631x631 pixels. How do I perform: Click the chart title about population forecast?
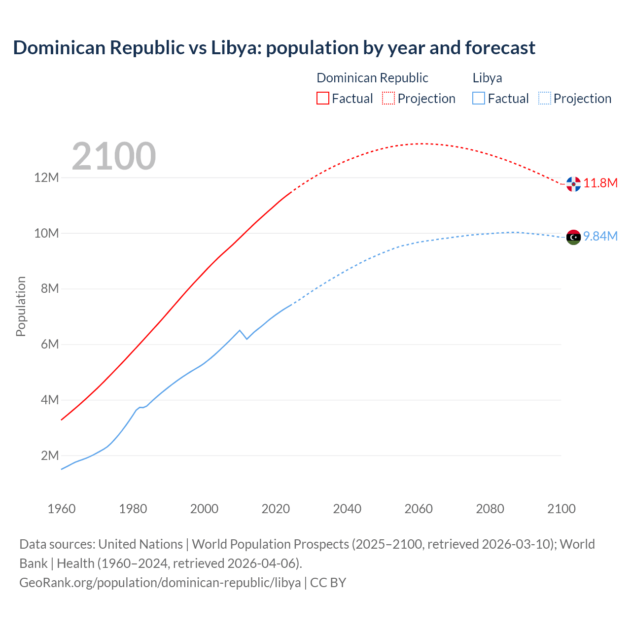(274, 48)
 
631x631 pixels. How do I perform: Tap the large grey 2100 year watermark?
(114, 156)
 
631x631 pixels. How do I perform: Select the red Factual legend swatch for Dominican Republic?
(322, 98)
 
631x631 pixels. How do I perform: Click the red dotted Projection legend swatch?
(388, 98)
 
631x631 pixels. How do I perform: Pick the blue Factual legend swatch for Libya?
(479, 98)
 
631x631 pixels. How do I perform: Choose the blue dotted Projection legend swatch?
(544, 98)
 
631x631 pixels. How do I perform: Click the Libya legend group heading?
(487, 78)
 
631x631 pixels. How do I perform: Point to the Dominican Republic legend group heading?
(372, 78)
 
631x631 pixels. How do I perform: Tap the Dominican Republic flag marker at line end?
(573, 184)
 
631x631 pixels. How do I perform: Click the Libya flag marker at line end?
(573, 237)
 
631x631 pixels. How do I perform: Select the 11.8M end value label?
(600, 183)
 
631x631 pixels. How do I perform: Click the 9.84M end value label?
(600, 237)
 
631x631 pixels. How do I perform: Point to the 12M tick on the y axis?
(46, 177)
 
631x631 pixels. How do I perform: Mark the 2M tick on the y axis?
(49, 456)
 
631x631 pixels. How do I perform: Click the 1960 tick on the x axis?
(62, 509)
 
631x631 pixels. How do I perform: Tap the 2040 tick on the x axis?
(347, 509)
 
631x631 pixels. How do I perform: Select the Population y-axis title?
(21, 306)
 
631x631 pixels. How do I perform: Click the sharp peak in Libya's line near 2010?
(240, 330)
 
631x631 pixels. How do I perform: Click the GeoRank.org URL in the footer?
(160, 583)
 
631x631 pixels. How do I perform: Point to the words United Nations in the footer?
(140, 544)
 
